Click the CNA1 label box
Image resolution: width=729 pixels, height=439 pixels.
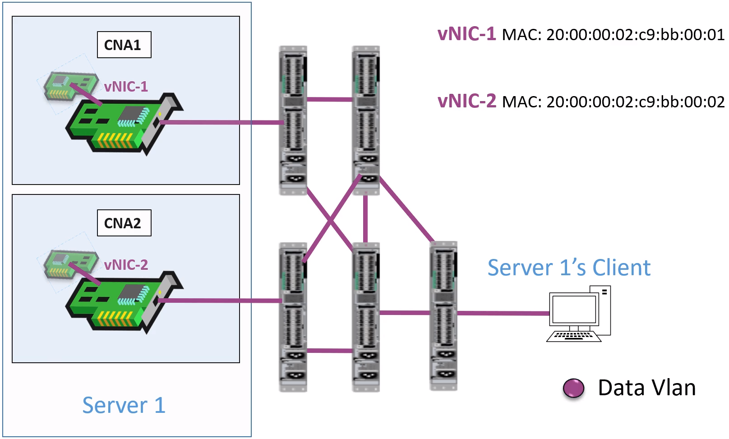(124, 45)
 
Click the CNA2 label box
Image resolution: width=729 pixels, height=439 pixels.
(124, 223)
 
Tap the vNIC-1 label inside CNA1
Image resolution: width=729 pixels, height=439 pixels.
(126, 86)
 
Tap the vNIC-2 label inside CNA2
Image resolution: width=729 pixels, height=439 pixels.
(126, 264)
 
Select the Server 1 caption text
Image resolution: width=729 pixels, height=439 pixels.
(124, 405)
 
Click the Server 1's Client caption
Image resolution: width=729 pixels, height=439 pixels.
(569, 268)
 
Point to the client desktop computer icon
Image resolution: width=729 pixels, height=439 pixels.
(579, 314)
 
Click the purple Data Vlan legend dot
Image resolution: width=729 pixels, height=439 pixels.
(573, 388)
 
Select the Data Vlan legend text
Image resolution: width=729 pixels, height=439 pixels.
(646, 388)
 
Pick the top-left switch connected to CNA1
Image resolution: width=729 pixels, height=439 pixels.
(293, 120)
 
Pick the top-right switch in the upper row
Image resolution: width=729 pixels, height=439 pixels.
(366, 120)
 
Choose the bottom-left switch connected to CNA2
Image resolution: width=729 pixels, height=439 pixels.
(293, 317)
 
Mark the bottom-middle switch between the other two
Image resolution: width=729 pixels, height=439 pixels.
(366, 317)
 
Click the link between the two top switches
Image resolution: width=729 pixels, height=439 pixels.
(329, 99)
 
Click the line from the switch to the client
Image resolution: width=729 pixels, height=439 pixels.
(503, 313)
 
